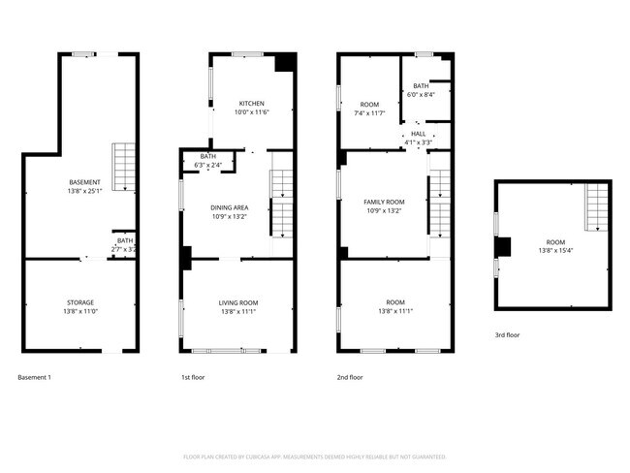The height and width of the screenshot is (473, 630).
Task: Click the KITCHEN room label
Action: pos(252,103)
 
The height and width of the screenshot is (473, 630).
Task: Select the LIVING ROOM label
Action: pos(237,303)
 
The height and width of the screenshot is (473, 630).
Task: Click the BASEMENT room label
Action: pos(83,182)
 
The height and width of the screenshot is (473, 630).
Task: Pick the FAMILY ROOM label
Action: pos(384,201)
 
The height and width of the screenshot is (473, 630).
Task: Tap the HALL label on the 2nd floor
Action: pos(418,134)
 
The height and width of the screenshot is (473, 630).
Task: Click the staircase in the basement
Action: pos(124,167)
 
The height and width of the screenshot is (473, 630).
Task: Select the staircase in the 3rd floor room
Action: pos(597,207)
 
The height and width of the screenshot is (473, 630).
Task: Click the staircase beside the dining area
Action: pos(281,203)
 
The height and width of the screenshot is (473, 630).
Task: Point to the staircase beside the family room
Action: pos(441,203)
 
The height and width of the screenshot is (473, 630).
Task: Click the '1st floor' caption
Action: pos(194,377)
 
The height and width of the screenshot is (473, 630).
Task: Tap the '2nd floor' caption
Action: pos(350,377)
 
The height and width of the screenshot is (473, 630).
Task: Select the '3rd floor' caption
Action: pos(508,334)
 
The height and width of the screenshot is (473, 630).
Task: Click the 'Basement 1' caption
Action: pos(35,377)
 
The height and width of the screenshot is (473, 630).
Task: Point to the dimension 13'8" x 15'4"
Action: pos(554,250)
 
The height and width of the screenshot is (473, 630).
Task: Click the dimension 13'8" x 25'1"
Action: pos(83,191)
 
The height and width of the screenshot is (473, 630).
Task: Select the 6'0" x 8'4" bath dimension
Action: pos(421,94)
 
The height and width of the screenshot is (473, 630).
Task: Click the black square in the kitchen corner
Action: pos(285,62)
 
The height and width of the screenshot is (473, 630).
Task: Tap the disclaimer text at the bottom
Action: pos(315,456)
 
